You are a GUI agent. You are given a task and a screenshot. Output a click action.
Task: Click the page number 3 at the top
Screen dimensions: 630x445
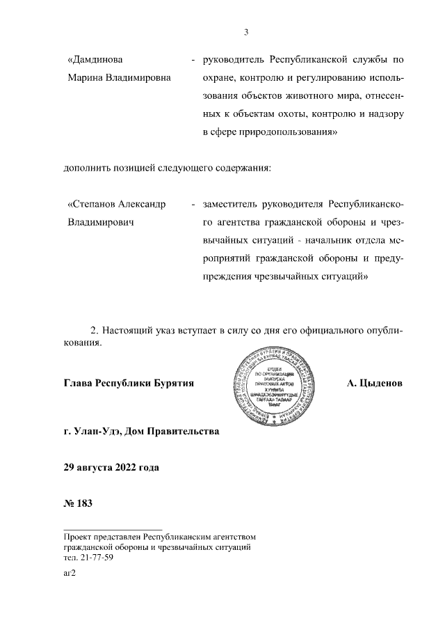point(247,31)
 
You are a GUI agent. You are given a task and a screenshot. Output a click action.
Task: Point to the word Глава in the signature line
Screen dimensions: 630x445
point(78,384)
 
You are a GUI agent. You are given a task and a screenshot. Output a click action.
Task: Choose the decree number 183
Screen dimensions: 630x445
point(84,502)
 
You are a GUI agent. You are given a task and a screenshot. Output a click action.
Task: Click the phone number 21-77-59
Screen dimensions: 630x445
point(98,558)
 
